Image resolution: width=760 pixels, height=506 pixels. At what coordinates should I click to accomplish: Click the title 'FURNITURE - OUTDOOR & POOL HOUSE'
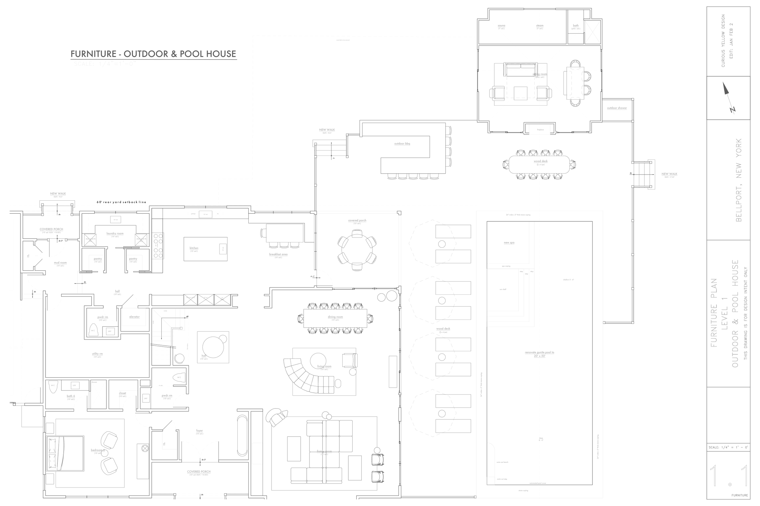(x=154, y=54)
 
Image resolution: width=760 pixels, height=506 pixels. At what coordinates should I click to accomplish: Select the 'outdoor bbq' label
(x=402, y=144)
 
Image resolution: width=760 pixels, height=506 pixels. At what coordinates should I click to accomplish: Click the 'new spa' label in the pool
(x=509, y=243)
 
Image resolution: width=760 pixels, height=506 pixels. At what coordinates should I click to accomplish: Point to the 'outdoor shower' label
(x=617, y=108)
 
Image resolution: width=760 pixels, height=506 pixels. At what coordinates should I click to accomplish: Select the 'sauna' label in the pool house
(x=501, y=25)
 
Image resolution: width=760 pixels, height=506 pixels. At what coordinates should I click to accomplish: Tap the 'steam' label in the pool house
(x=540, y=25)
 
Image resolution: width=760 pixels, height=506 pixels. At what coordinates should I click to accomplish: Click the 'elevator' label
(x=134, y=317)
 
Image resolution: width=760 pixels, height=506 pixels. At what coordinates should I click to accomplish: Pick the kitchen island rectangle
(x=206, y=249)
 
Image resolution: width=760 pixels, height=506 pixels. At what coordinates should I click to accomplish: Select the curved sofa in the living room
(x=307, y=378)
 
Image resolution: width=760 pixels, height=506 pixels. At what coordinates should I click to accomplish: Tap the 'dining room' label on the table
(x=335, y=317)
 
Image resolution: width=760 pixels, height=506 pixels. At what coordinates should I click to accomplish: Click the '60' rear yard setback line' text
(x=122, y=202)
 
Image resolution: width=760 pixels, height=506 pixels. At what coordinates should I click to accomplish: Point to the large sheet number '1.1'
(x=729, y=476)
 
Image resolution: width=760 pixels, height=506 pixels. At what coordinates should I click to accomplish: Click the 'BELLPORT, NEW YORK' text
(x=739, y=180)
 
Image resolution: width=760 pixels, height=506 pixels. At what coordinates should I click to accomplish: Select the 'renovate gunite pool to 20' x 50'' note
(x=539, y=354)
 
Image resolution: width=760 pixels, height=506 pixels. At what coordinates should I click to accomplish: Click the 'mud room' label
(x=60, y=263)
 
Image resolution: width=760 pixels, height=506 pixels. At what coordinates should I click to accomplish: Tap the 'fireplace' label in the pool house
(x=540, y=130)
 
